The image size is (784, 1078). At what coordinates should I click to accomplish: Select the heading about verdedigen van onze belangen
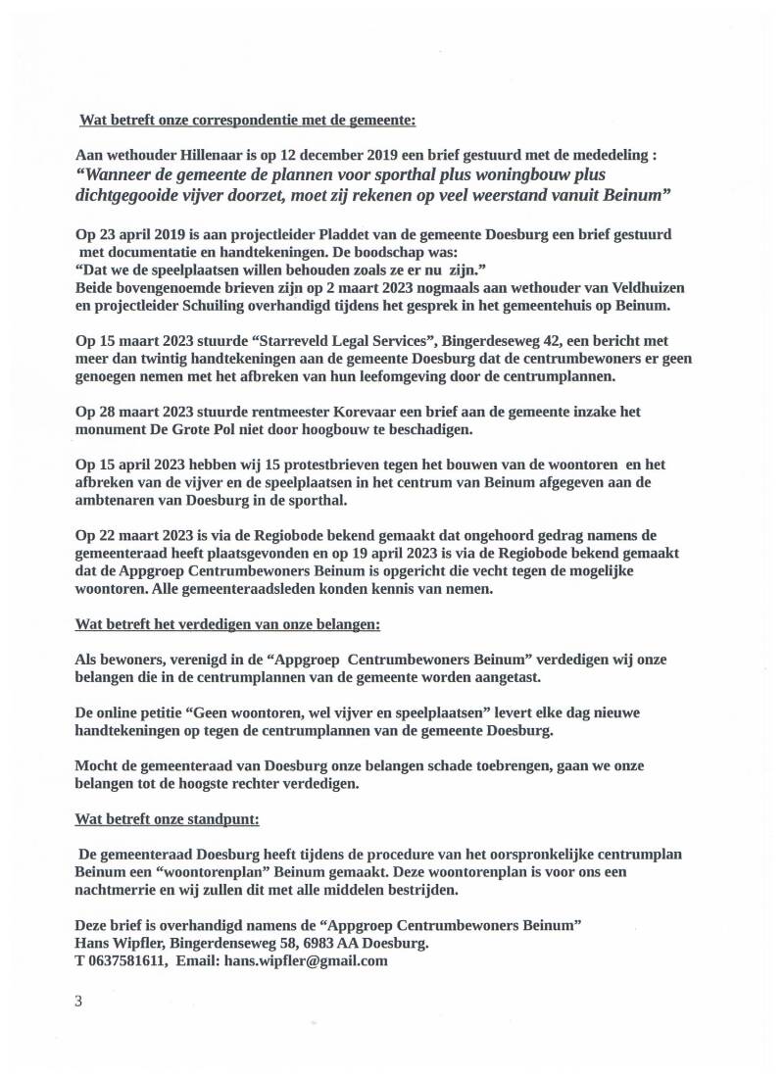tap(227, 623)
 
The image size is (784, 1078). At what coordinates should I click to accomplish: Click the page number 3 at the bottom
tap(78, 1001)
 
